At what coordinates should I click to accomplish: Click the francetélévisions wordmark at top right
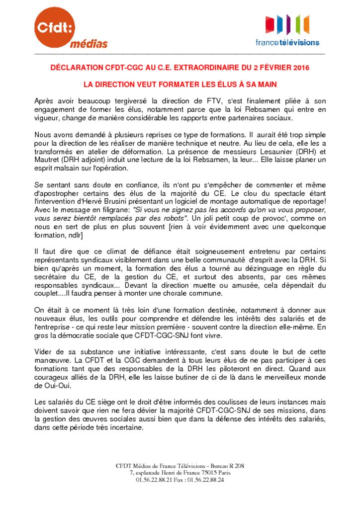tap(287, 43)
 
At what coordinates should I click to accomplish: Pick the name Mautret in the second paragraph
tap(48, 160)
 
